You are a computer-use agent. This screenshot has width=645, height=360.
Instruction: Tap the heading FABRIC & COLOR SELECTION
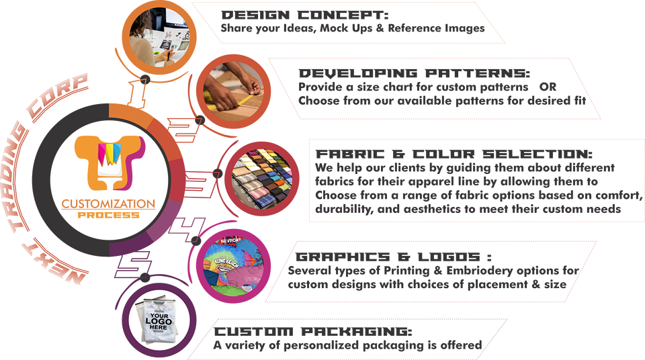tap(454, 152)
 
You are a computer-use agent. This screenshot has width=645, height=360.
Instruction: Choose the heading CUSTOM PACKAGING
tap(313, 331)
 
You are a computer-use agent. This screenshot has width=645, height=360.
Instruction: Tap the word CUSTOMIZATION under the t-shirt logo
tap(108, 204)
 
